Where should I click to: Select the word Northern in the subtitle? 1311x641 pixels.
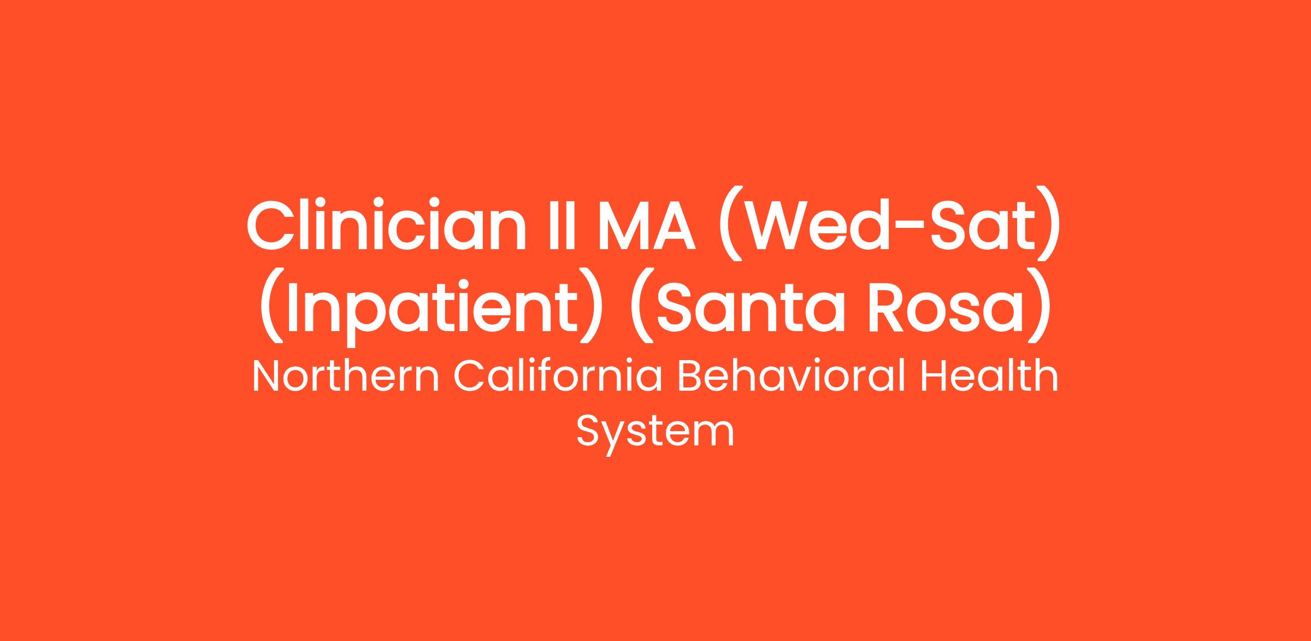point(346,377)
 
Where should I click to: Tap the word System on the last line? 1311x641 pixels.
point(655,432)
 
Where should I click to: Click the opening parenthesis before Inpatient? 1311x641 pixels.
point(271,307)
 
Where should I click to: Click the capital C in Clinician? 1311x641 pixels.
point(271,225)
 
